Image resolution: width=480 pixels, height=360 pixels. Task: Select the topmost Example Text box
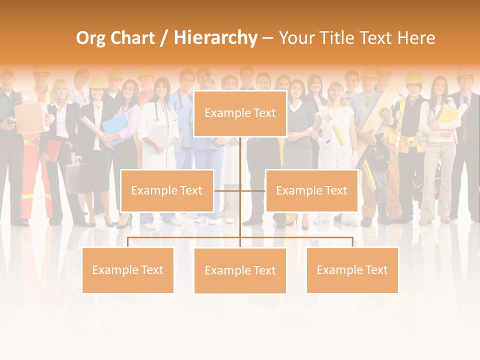coord(240,113)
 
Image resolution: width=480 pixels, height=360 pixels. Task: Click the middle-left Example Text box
coord(167,190)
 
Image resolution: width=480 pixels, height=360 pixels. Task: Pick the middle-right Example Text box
coord(311,190)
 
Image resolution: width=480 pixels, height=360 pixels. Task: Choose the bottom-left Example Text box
coord(128,270)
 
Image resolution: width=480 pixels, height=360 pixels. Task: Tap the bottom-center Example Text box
coord(240,270)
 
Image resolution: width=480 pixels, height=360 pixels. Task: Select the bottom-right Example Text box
coord(352,270)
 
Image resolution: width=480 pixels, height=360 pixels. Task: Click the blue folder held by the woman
coord(114,128)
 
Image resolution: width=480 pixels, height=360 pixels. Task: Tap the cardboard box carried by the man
coord(30,118)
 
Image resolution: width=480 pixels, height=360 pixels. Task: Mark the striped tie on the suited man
coord(465,125)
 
